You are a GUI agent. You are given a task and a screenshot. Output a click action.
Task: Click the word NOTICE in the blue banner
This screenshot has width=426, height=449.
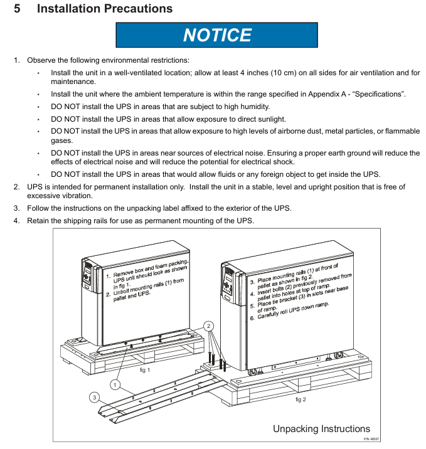point(217,34)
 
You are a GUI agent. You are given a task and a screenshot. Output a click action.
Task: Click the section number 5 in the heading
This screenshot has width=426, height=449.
point(17,9)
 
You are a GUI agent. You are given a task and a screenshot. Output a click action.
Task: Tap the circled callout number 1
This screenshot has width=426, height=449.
point(116,383)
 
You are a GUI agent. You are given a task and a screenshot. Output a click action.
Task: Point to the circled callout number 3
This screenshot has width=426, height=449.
point(93,397)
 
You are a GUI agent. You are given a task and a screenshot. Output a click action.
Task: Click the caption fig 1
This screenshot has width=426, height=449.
point(144,370)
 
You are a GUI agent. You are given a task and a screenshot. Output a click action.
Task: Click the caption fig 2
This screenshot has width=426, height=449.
point(301,399)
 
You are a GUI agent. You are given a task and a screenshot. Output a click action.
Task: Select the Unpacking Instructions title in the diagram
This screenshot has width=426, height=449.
point(321,429)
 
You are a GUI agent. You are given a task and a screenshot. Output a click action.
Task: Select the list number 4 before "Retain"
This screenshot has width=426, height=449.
point(17,220)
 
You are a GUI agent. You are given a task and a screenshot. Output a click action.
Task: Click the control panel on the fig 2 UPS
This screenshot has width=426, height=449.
point(228,278)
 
